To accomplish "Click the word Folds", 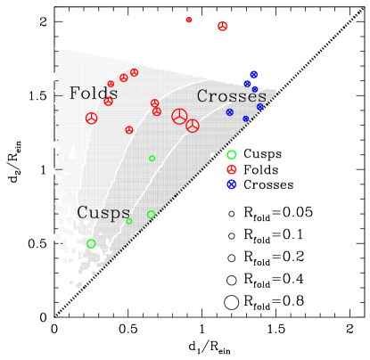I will pyautogui.click(x=94, y=94).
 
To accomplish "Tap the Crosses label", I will pyautogui.click(x=231, y=96).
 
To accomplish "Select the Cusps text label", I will pyautogui.click(x=103, y=212).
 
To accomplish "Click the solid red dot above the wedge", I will pyautogui.click(x=189, y=20).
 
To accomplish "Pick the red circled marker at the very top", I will pyautogui.click(x=222, y=27).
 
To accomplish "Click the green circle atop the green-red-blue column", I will pyautogui.click(x=231, y=155).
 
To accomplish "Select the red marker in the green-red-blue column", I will pyautogui.click(x=231, y=169).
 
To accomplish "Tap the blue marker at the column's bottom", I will pyautogui.click(x=231, y=184).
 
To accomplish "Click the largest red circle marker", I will pyautogui.click(x=179, y=116).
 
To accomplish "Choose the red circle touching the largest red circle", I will pyautogui.click(x=192, y=126).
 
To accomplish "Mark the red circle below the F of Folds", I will pyautogui.click(x=91, y=119).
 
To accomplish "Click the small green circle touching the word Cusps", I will pyautogui.click(x=129, y=221).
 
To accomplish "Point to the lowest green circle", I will pyautogui.click(x=91, y=243).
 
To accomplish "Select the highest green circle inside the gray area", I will pyautogui.click(x=152, y=159).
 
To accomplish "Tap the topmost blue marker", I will pyautogui.click(x=253, y=75).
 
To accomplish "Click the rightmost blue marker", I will pyautogui.click(x=260, y=107).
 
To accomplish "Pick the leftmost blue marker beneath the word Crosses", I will pyautogui.click(x=229, y=112).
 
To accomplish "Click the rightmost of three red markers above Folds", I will pyautogui.click(x=134, y=72).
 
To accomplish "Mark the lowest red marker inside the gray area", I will pyautogui.click(x=129, y=130).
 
